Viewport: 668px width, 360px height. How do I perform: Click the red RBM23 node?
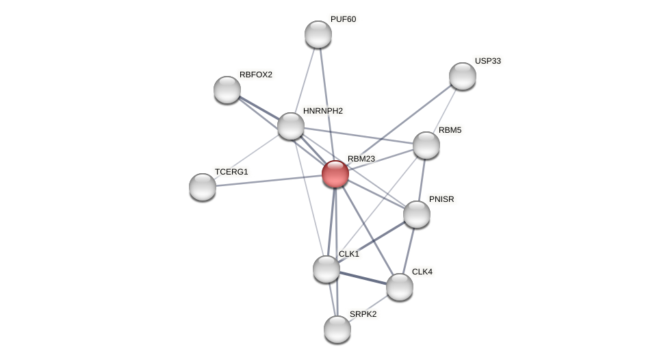335,174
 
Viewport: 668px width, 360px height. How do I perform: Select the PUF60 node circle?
318,34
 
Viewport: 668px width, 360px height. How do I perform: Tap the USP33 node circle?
463,76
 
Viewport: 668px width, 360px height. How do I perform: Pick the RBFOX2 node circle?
227,90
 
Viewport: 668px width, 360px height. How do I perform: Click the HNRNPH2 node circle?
291,126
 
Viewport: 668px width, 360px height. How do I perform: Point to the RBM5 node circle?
426,145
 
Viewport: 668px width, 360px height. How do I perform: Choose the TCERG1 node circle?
203,187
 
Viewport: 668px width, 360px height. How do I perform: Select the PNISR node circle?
417,214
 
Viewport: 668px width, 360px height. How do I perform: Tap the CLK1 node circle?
326,269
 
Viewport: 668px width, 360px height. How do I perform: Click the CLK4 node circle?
400,287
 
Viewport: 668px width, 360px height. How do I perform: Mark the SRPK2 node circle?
337,329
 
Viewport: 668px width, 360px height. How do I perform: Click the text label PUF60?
343,19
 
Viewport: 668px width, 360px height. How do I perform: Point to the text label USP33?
487,61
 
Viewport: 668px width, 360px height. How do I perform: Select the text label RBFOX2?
255,75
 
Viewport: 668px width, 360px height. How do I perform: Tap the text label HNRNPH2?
323,111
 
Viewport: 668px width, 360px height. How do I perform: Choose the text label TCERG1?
231,172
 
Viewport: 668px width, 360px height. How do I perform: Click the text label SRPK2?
363,314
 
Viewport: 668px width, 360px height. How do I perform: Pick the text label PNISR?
441,199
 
